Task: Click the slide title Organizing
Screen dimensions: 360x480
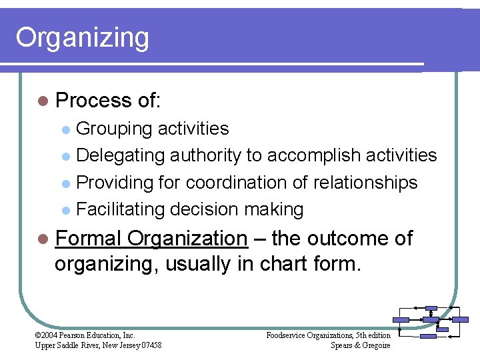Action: (82, 38)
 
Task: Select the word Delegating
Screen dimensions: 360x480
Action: (121, 155)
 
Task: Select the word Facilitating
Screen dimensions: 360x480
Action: (121, 209)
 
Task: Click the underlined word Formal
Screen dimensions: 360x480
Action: (88, 238)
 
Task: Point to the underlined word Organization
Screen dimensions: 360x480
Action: (187, 238)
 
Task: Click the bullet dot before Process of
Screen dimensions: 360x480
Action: (43, 101)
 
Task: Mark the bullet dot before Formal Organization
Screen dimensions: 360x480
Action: (43, 239)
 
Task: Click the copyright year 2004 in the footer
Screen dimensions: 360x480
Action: (51, 335)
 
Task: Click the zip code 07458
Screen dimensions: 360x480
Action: (148, 345)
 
